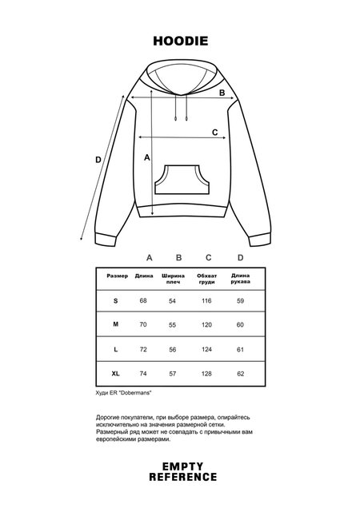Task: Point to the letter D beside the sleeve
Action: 98,160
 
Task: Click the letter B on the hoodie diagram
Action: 223,93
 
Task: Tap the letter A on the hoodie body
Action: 147,158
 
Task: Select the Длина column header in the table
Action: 144,276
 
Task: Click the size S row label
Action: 116,300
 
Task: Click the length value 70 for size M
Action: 144,325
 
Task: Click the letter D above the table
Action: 240,257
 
